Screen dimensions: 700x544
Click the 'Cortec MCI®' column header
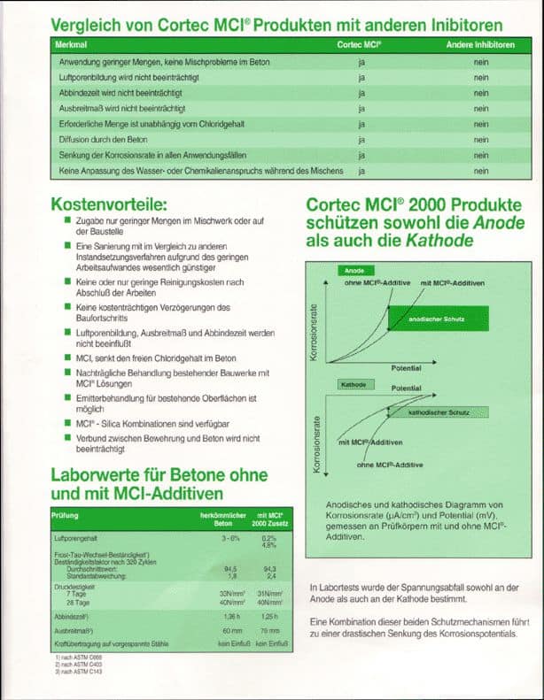point(360,43)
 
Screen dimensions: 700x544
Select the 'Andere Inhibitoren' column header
point(479,43)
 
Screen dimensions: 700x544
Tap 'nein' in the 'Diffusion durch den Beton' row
point(481,139)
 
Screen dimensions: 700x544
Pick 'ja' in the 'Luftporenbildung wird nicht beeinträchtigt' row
point(361,78)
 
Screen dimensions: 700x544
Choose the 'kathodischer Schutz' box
point(439,412)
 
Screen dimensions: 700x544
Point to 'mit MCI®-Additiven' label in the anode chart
point(452,281)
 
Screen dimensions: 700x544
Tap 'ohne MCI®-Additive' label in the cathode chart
point(390,465)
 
